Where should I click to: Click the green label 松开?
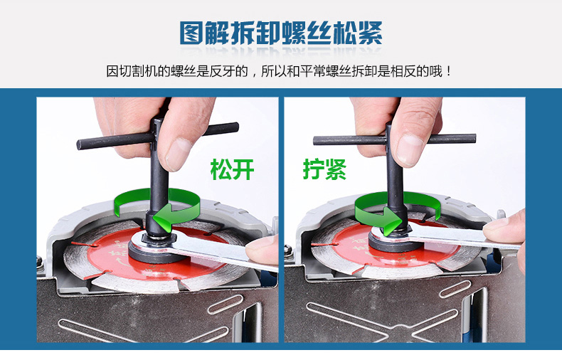(232, 169)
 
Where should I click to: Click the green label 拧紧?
(324, 169)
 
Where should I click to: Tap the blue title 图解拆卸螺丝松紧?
(280, 33)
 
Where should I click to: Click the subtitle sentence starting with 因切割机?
(279, 71)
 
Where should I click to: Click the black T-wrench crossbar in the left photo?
(158, 137)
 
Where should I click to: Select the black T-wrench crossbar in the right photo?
(394, 139)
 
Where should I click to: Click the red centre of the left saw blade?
(158, 255)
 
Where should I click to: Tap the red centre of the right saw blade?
(398, 248)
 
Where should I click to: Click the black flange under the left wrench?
(154, 255)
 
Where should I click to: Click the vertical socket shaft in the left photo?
(159, 179)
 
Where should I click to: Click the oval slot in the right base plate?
(455, 289)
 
